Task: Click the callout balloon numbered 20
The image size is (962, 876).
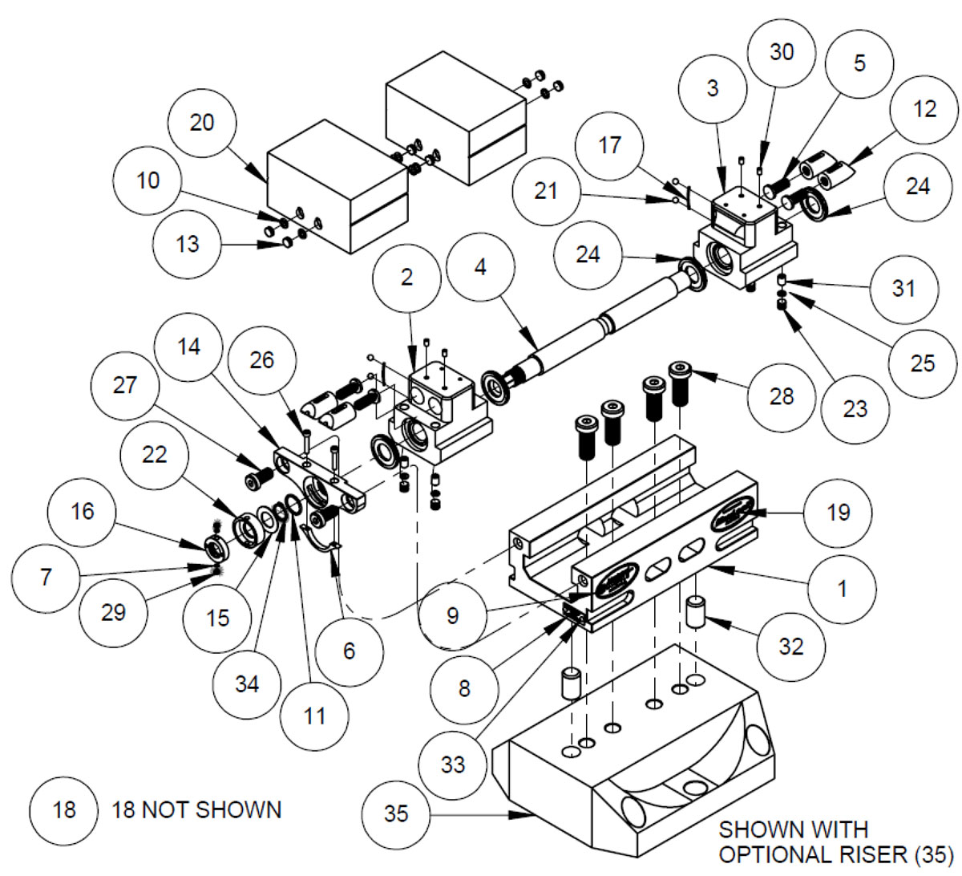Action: (202, 123)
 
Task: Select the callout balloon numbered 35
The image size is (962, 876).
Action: (396, 813)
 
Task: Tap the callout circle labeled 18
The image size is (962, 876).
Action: (64, 809)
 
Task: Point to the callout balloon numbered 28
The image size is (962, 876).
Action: (781, 396)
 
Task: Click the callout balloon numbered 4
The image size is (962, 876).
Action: (480, 267)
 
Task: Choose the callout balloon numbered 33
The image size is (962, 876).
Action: (453, 764)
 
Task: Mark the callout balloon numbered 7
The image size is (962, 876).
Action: (46, 576)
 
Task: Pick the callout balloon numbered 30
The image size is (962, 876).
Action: (781, 52)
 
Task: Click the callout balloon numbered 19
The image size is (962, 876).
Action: (838, 512)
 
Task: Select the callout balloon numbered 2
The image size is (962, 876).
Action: (407, 278)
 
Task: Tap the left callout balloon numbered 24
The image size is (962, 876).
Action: (588, 254)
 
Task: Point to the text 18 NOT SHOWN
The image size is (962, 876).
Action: (196, 809)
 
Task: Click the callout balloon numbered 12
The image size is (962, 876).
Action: (924, 109)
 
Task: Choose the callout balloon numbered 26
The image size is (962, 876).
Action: (262, 360)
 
